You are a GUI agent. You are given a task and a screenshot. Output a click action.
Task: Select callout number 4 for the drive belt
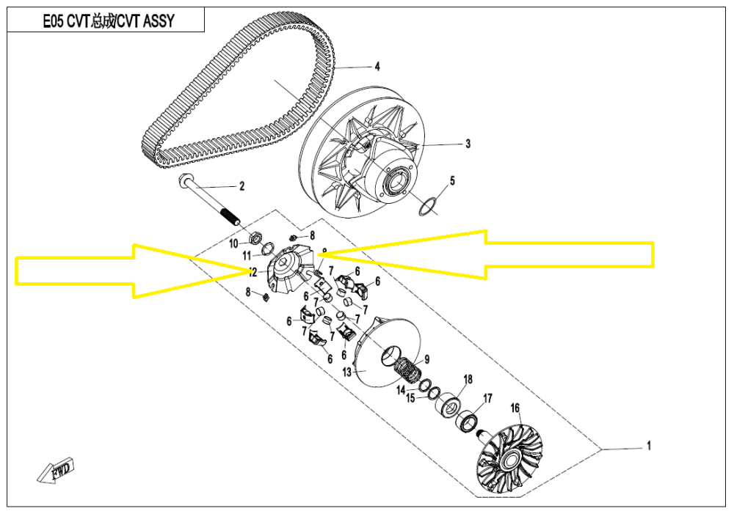[x=377, y=67]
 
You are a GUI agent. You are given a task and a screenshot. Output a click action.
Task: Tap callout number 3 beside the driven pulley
[x=468, y=144]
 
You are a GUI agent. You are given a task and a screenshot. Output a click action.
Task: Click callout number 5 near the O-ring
[x=453, y=180]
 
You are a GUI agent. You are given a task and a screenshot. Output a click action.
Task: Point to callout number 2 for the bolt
[x=240, y=186]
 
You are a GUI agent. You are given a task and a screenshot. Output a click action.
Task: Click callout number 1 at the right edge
[x=648, y=445]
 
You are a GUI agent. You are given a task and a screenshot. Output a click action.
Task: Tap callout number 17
[x=486, y=399]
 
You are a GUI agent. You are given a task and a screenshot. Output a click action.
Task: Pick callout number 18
[x=468, y=379]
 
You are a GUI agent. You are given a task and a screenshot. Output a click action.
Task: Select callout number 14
[x=401, y=390]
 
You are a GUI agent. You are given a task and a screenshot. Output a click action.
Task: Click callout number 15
[x=411, y=398]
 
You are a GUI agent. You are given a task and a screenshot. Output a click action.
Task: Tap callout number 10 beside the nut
[x=233, y=243]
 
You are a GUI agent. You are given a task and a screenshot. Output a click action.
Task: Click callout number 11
[x=247, y=255]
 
